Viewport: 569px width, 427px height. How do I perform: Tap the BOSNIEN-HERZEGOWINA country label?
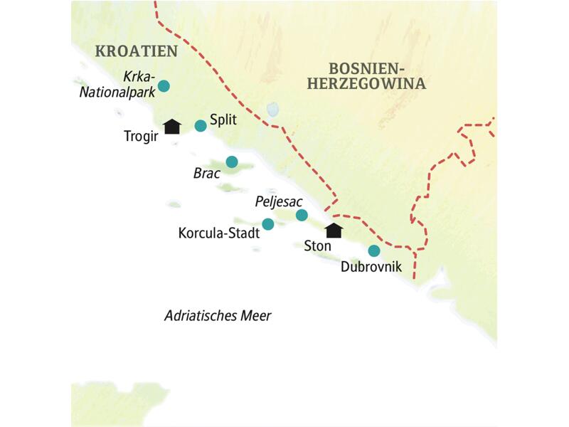click(377, 76)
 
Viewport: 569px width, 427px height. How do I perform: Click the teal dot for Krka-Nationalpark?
click(164, 86)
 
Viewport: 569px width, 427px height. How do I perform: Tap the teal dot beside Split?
click(201, 126)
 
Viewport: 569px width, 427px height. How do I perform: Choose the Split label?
click(223, 122)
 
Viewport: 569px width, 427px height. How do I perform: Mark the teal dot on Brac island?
click(231, 162)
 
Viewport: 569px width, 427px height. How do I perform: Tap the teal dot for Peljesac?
click(302, 215)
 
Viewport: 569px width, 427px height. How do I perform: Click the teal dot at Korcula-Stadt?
click(268, 224)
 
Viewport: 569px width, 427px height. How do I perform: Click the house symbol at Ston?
click(333, 230)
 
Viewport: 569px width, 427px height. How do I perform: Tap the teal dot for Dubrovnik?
click(373, 251)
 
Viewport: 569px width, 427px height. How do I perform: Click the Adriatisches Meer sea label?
click(218, 316)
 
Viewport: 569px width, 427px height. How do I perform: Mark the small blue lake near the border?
click(271, 110)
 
